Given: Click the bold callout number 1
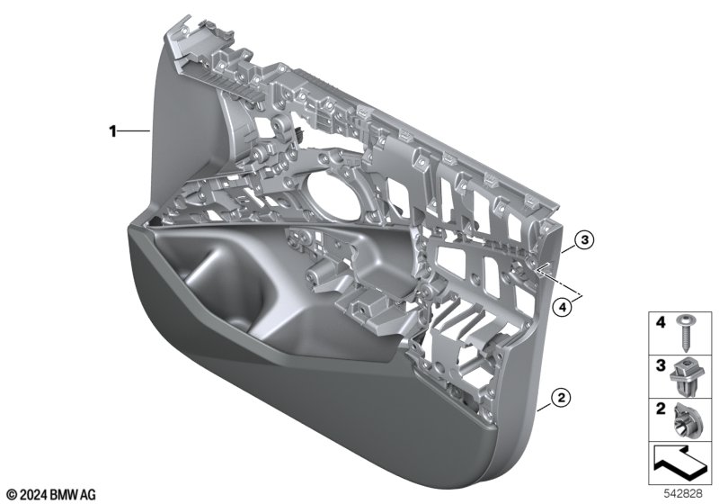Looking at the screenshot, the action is (112, 131).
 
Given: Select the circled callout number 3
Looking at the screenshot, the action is (583, 239).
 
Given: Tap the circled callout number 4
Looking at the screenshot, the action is (563, 307).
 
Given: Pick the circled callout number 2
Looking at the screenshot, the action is (561, 397).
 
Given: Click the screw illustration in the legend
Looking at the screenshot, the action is (685, 333).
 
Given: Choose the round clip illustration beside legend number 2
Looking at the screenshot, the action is (686, 421).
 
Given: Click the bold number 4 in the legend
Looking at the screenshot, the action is (661, 323).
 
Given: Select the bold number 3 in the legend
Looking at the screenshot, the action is (661, 365).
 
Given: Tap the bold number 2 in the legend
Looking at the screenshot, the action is (661, 409).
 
